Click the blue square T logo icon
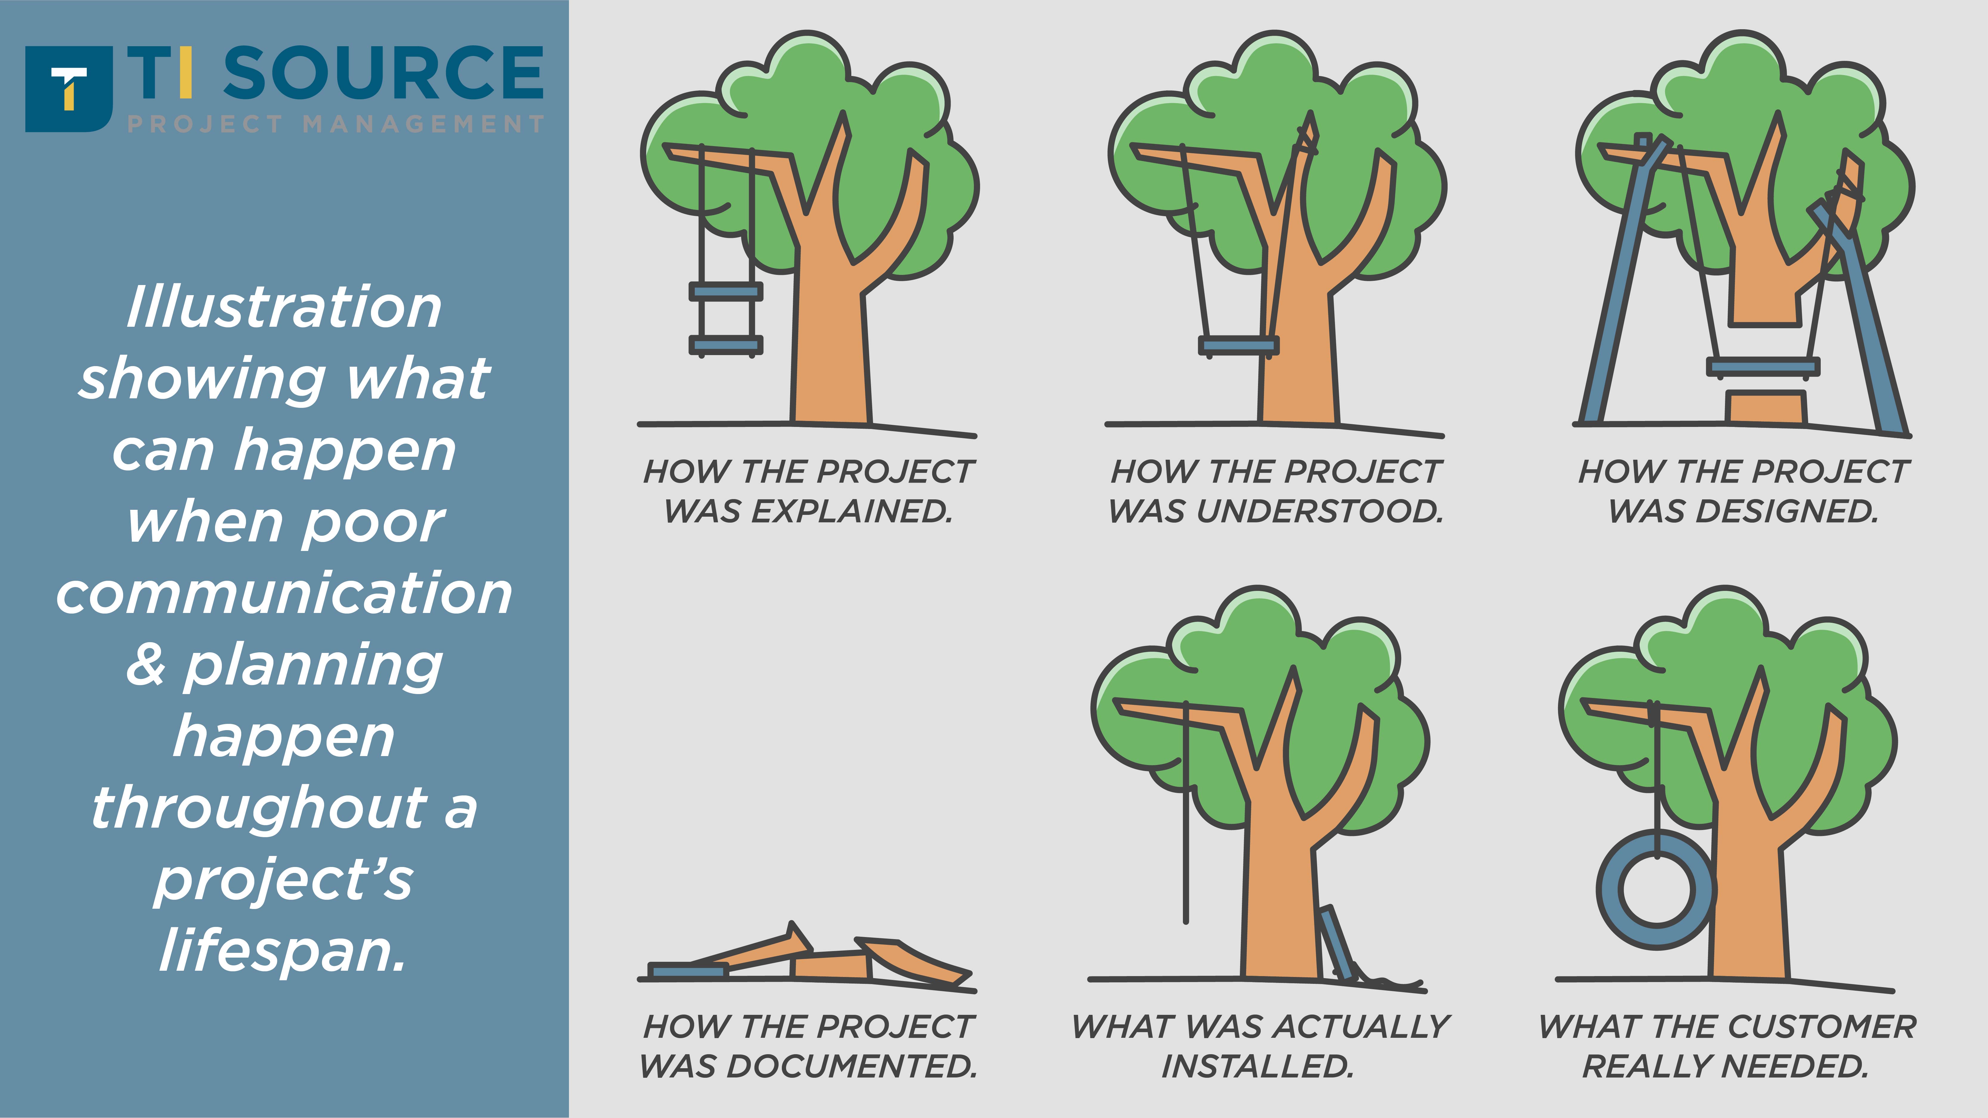[69, 89]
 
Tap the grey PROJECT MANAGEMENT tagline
[336, 124]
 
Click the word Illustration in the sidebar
[284, 307]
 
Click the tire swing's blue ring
[1656, 889]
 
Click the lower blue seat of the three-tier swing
[725, 346]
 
